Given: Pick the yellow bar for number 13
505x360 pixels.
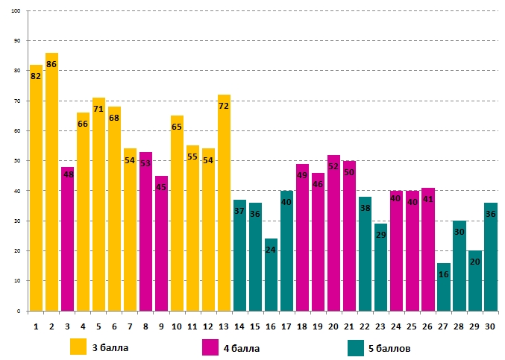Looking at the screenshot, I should [224, 202].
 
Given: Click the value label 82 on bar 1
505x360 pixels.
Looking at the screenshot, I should [36, 76].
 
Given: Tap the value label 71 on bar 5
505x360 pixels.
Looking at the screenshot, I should [98, 109].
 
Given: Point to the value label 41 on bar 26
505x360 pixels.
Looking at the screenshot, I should [427, 199].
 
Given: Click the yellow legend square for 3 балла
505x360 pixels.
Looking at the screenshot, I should [78, 347].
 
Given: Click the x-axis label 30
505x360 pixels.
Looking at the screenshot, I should [491, 325].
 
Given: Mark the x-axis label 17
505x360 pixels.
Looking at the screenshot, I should [286, 325].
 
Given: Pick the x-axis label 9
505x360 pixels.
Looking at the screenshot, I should [161, 325].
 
